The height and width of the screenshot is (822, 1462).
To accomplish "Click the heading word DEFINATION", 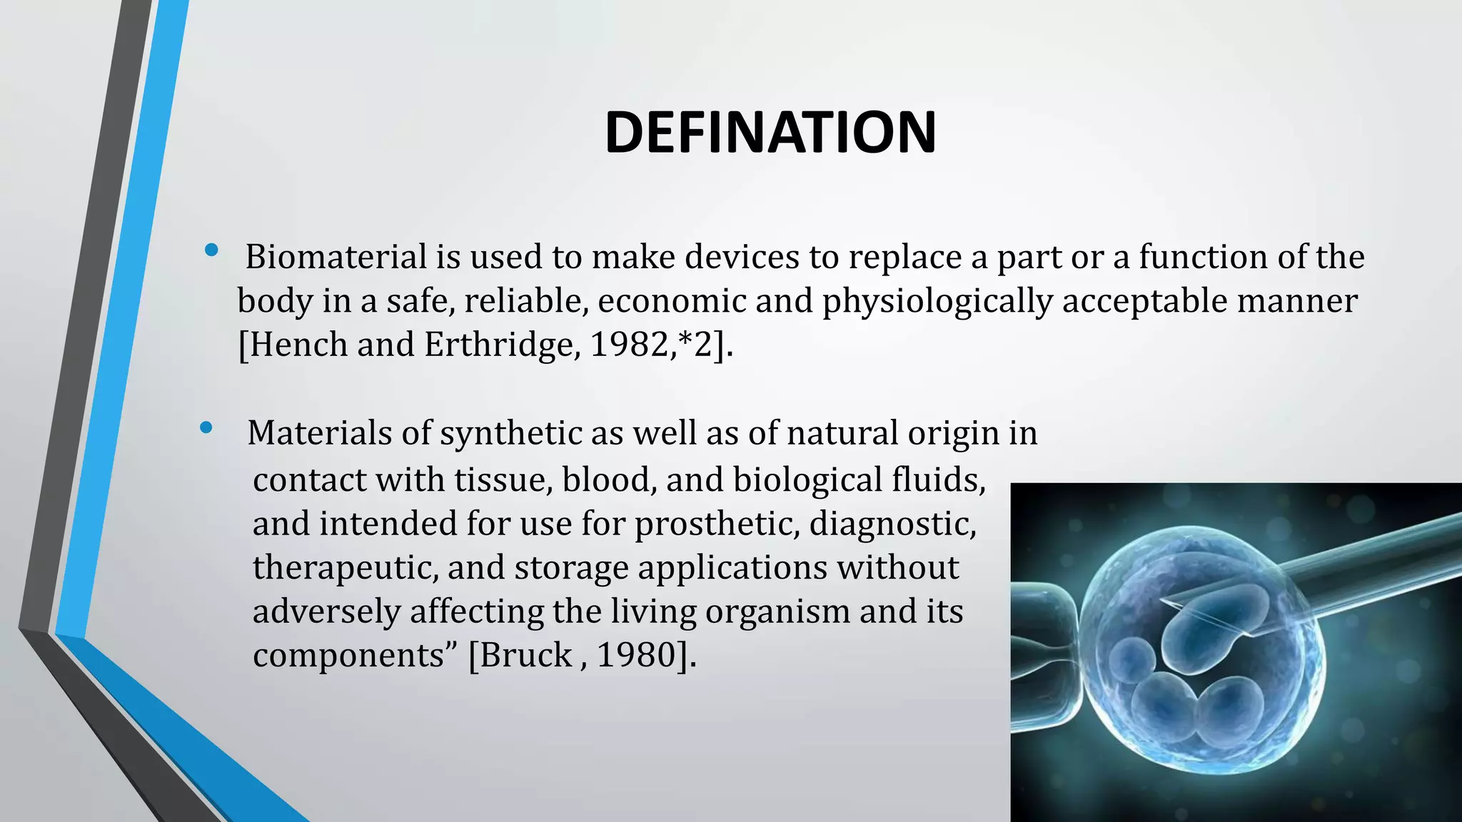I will click(x=770, y=133).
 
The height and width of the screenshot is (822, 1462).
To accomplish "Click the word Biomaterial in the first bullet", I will click(x=336, y=257).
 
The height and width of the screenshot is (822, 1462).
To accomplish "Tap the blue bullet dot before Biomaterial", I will click(x=211, y=250).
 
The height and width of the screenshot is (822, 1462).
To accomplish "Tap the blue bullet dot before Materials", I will click(x=206, y=427).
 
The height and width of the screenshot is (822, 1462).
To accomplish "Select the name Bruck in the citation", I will click(x=527, y=655).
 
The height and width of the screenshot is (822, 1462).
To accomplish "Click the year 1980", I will click(x=635, y=655).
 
